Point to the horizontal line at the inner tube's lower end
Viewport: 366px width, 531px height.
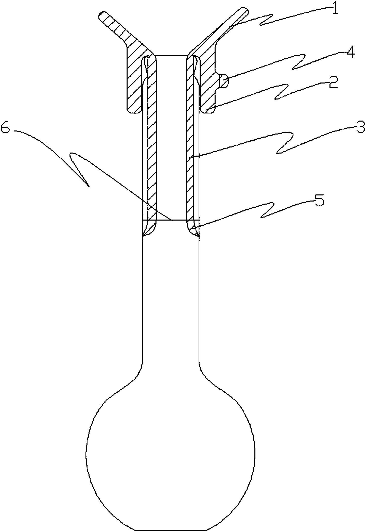[171, 220]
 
